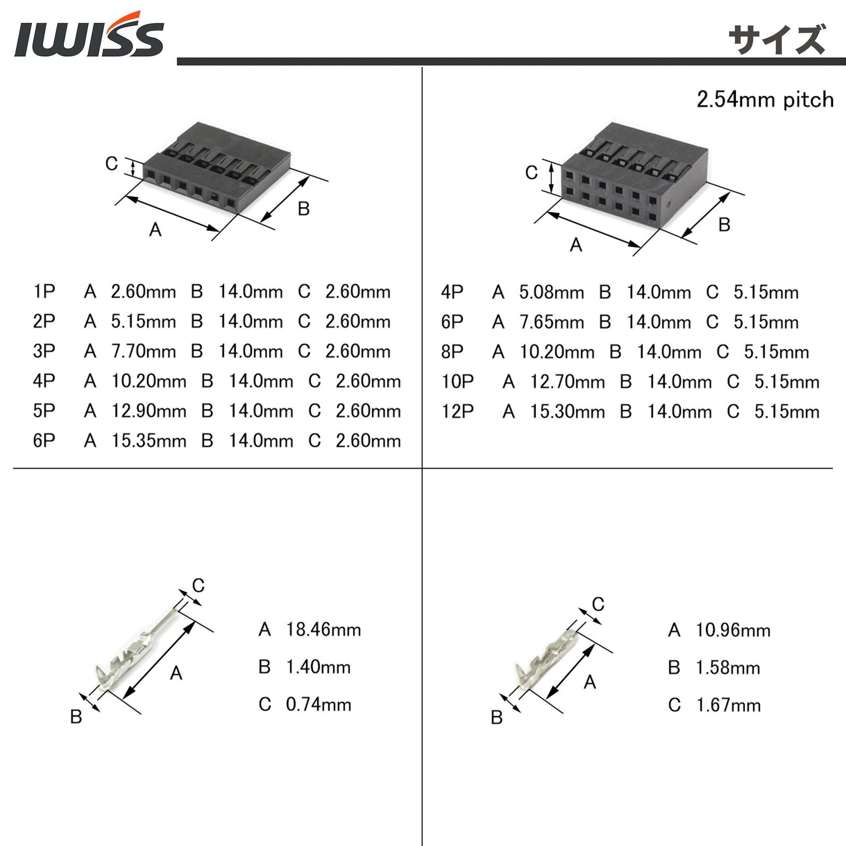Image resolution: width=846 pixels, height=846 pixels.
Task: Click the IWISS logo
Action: pos(89,34)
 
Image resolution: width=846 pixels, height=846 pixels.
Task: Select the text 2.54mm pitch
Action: pos(765,100)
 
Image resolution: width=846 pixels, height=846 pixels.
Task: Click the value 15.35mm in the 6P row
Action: pos(149,441)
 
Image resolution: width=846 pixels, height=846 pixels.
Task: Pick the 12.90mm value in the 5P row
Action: pos(149,411)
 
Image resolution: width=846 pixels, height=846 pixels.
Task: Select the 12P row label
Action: pos(458,412)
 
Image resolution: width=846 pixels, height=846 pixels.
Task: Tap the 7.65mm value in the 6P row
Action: pos(552,322)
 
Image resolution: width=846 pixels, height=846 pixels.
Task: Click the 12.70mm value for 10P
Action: pos(568,382)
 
